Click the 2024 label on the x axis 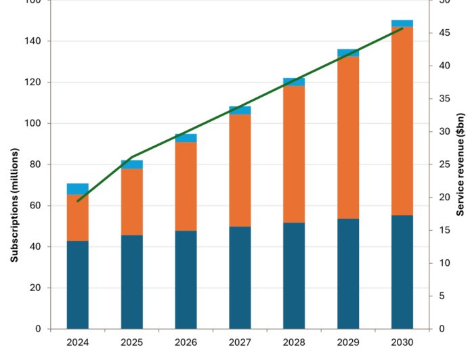tap(77, 342)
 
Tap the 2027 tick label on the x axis tap(240, 342)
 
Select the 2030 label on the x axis tap(402, 342)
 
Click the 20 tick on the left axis tap(35, 288)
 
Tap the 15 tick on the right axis tap(442, 231)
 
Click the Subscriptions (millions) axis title tap(14, 205)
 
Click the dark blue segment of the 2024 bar tap(77, 284)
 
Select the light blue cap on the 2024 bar tap(77, 189)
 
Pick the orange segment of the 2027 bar tap(240, 170)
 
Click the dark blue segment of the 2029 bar tap(348, 273)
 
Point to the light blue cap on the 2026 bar tap(186, 138)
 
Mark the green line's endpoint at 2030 tap(402, 28)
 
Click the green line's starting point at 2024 tap(78, 201)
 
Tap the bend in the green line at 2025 tap(132, 157)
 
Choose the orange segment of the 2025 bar tap(131, 202)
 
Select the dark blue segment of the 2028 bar tap(294, 275)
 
